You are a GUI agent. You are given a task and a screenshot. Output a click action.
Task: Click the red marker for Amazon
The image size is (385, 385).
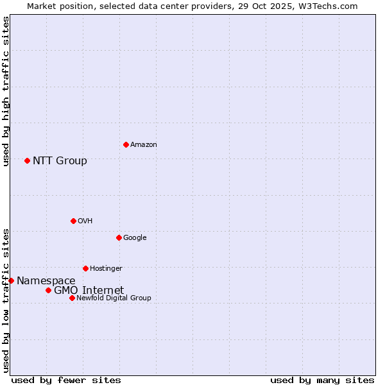[126, 144]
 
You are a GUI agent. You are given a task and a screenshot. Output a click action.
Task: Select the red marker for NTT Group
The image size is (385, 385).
[27, 160]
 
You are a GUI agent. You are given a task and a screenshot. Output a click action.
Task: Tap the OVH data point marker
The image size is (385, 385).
[73, 221]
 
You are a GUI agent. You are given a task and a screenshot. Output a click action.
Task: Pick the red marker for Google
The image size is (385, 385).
[119, 237]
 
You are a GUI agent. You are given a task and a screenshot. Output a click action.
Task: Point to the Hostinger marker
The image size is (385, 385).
[85, 268]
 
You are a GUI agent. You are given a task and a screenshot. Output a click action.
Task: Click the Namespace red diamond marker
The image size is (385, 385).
[11, 280]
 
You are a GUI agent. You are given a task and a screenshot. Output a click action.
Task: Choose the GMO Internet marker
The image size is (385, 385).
[48, 290]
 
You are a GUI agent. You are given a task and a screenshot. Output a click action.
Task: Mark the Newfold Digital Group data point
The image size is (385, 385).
[72, 298]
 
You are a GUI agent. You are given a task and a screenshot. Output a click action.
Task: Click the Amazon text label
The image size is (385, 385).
[143, 145]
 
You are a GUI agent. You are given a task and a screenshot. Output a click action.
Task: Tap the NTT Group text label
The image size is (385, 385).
[60, 160]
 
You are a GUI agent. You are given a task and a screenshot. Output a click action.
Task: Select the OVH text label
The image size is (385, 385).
[85, 221]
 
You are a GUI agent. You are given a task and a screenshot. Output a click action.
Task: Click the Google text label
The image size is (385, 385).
[135, 238]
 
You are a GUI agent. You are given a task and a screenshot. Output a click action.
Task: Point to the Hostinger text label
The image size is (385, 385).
[106, 269]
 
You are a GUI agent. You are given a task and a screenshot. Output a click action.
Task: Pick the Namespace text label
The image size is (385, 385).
[46, 280]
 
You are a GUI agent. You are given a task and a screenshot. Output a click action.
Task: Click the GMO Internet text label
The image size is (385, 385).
[89, 290]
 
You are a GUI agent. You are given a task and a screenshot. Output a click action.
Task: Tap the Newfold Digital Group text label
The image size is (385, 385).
[114, 298]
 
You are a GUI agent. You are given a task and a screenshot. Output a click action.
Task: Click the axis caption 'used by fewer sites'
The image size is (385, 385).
[66, 380]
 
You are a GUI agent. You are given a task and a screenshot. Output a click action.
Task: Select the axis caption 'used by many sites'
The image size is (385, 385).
[322, 380]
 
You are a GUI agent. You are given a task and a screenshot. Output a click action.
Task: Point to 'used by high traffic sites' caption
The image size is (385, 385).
[6, 91]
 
